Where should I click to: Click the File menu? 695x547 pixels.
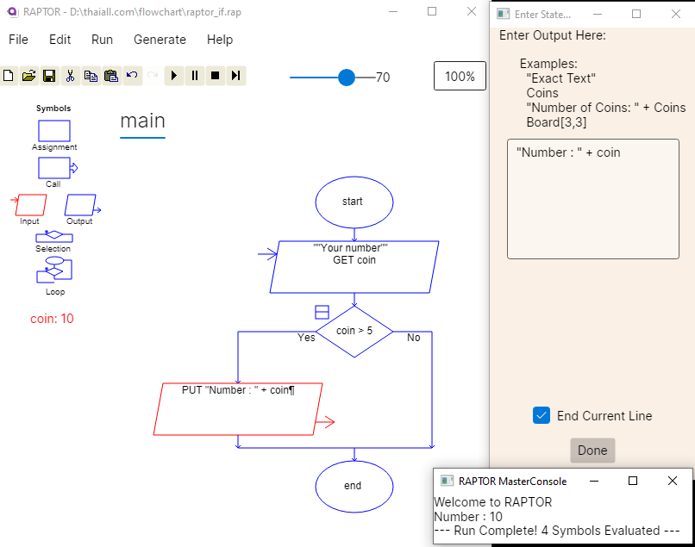[18, 40]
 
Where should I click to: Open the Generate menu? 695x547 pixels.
[160, 40]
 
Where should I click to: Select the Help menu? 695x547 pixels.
[220, 40]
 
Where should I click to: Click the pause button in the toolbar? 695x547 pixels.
[195, 76]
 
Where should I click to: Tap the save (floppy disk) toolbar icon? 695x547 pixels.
[49, 76]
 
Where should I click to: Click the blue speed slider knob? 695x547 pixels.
[347, 78]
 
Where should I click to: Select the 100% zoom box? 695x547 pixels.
[460, 76]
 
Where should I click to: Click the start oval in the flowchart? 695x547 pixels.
[354, 202]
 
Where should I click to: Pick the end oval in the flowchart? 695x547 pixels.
[354, 486]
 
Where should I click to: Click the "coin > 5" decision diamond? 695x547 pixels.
[354, 331]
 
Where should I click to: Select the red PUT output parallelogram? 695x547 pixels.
[238, 408]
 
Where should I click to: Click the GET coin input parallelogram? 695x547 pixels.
[354, 266]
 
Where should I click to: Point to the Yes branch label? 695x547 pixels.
[306, 338]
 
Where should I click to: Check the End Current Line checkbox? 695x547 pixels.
[542, 415]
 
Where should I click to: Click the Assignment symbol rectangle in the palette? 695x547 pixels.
[54, 131]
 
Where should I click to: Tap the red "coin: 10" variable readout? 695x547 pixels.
[52, 319]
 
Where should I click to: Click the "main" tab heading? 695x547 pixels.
[142, 121]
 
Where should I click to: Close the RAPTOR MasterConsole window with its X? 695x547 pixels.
[673, 481]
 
